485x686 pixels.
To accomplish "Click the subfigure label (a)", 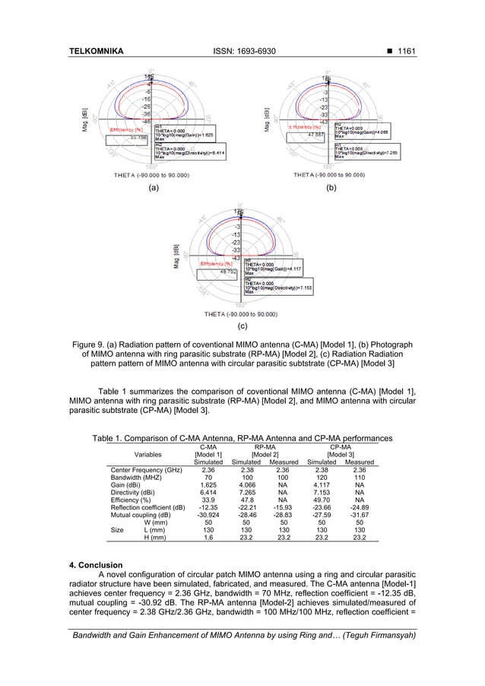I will click(x=154, y=187).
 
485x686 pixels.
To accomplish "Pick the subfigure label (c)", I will click(x=242, y=327).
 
